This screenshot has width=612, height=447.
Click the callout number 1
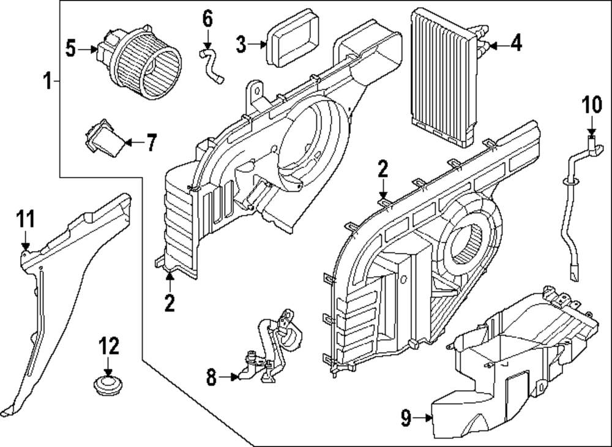[x=47, y=80]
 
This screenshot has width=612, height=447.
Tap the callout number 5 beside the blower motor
[x=72, y=48]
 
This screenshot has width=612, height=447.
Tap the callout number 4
[x=516, y=44]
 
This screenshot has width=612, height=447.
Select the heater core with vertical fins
[x=441, y=77]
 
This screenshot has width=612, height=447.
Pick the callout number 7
[x=150, y=143]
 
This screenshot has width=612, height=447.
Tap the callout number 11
[x=26, y=219]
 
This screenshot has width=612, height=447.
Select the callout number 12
[x=109, y=348]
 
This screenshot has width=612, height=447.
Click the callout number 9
[x=405, y=419]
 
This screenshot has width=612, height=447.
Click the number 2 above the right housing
[x=383, y=168]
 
